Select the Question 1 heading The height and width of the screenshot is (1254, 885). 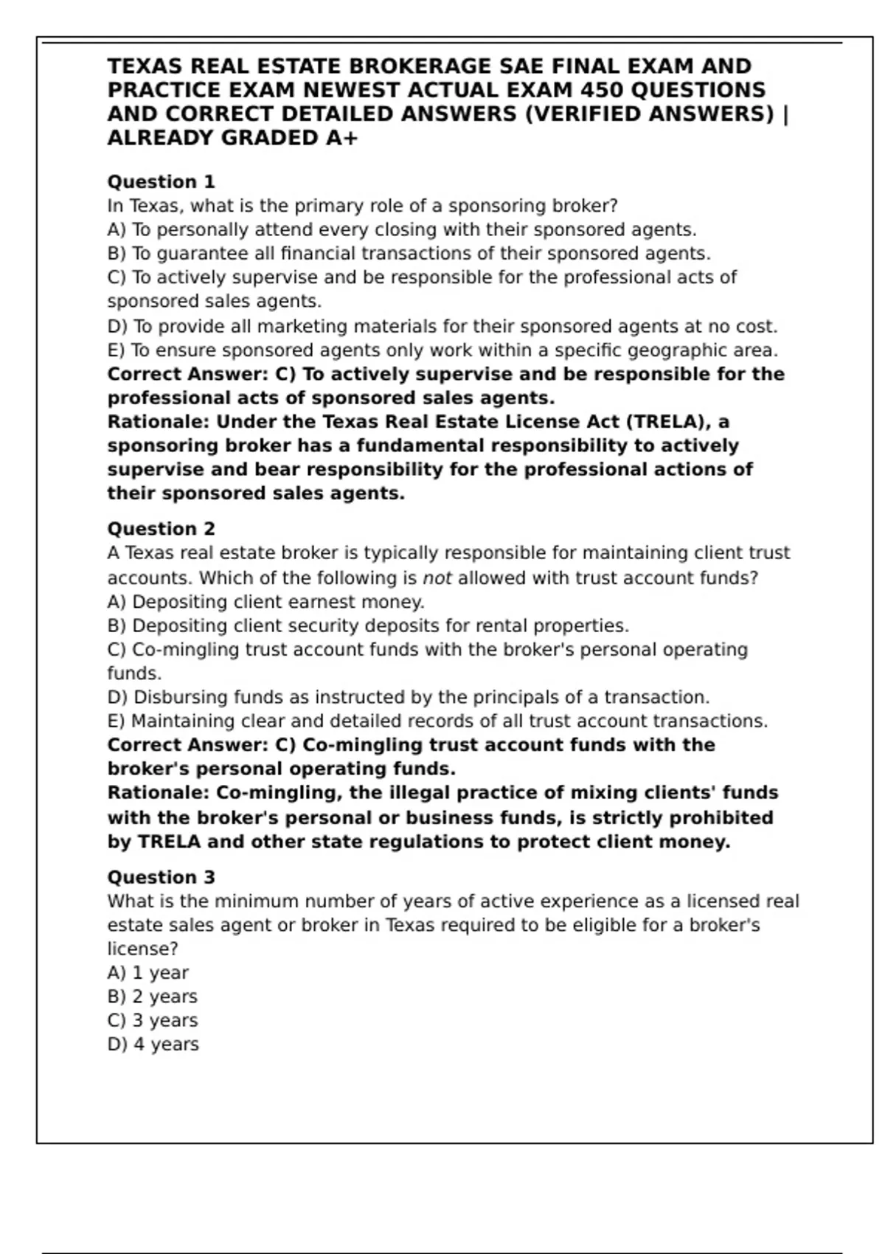click(x=161, y=181)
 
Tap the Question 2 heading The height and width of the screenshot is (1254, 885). click(x=161, y=529)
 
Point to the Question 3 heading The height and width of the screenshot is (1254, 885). click(x=161, y=877)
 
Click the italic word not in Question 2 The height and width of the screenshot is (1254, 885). click(x=437, y=578)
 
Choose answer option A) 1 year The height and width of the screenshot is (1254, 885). click(x=147, y=972)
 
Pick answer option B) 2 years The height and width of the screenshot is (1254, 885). click(x=152, y=997)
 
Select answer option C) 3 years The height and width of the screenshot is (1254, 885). click(x=152, y=1020)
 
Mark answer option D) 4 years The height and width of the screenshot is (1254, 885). click(x=153, y=1044)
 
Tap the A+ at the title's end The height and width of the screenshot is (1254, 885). click(x=341, y=138)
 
